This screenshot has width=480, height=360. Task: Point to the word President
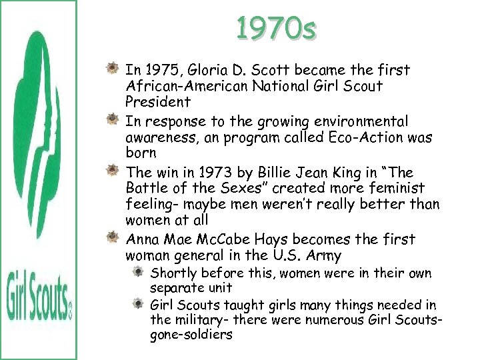pos(158,102)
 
